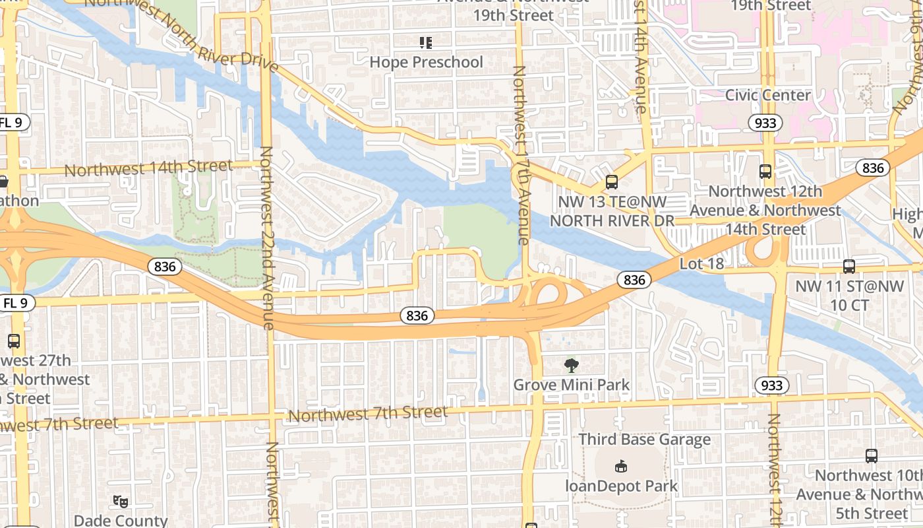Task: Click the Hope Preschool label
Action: pos(426,62)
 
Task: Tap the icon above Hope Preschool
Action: pos(426,43)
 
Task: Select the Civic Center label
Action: pos(767,95)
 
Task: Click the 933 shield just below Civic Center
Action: pos(765,123)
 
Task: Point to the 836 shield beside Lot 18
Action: pos(634,280)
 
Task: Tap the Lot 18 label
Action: pos(701,264)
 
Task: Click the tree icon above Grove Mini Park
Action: pos(572,365)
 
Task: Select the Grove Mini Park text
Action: pos(572,384)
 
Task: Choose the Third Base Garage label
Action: pos(644,440)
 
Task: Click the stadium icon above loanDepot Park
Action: pos(620,467)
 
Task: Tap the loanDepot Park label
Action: pos(621,486)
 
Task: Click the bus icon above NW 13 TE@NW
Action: pos(612,181)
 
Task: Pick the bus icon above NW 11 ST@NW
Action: pos(849,267)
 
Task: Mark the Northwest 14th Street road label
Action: pos(148,168)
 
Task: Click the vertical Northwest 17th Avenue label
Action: pos(521,155)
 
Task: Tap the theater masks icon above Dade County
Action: pos(120,502)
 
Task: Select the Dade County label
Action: pos(121,520)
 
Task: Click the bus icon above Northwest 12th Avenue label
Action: pos(765,172)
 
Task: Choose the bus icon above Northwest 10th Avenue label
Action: pos(871,455)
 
